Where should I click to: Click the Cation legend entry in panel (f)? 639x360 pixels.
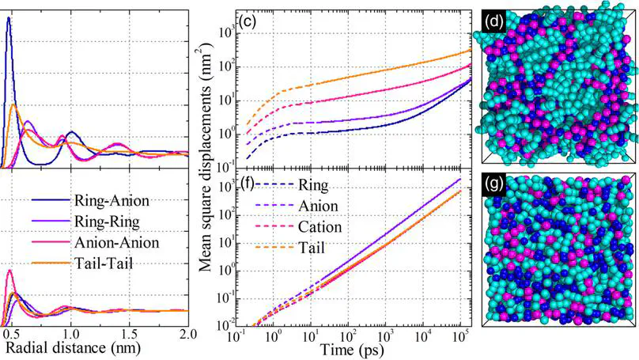[x=320, y=226]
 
